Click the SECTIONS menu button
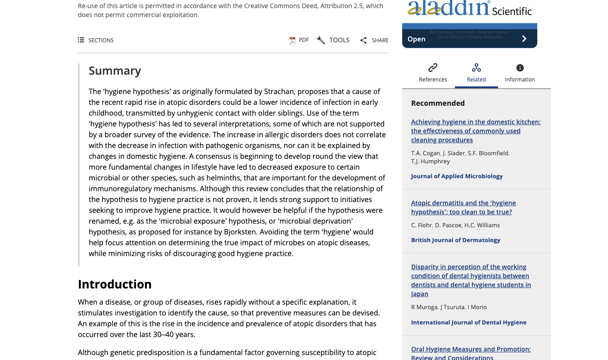click(95, 40)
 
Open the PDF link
click(299, 40)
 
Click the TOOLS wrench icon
click(321, 40)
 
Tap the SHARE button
click(374, 40)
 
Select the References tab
click(433, 72)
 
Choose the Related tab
click(476, 72)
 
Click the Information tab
click(520, 72)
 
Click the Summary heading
click(115, 71)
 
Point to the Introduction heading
click(114, 284)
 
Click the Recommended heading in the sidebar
click(438, 103)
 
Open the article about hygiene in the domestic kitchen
click(476, 130)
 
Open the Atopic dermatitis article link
click(463, 207)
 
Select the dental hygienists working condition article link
click(471, 280)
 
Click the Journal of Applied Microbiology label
click(457, 176)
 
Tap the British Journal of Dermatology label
click(455, 240)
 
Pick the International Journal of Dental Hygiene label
click(468, 322)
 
